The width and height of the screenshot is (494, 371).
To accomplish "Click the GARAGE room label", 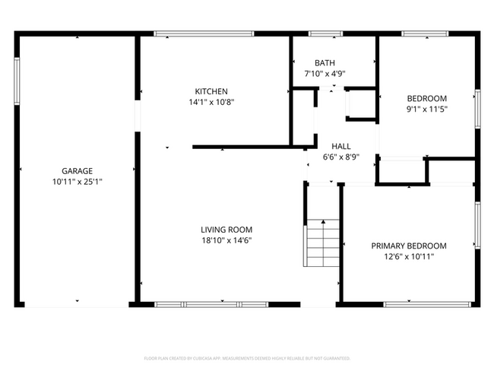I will coord(78,171).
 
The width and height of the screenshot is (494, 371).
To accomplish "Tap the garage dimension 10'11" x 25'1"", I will coord(78,182).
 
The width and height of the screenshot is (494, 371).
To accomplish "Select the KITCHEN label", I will coord(211,91).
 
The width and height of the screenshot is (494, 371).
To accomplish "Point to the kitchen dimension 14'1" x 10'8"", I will coord(211,102).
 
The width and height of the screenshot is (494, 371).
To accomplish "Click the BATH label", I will coord(325,63).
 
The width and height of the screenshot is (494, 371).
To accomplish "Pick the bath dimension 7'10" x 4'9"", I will coord(325,74).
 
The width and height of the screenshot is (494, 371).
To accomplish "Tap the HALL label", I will coord(340,146).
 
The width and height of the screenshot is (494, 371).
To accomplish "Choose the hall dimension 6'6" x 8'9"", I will coord(340,157).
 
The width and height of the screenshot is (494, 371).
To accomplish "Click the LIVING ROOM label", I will coord(226,230).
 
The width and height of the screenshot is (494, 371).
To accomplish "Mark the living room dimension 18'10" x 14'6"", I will coord(226,240).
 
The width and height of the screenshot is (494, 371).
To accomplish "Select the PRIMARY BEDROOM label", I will coord(408,246).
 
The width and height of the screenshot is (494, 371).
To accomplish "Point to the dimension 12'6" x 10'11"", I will coord(408,256).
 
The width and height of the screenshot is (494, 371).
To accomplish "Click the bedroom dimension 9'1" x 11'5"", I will coord(426,109).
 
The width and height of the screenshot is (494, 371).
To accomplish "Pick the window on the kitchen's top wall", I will coord(204,33).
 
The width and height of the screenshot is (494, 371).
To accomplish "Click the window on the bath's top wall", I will coord(325,33).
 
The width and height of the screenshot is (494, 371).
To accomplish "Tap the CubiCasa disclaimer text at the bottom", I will coord(247,357).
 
